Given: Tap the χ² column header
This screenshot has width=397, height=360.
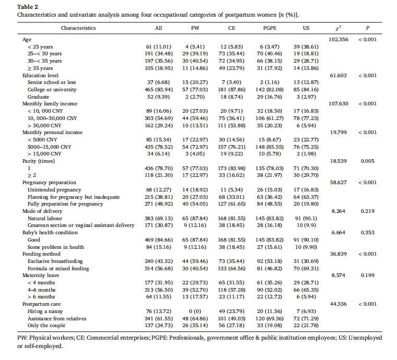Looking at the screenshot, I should tap(337, 28).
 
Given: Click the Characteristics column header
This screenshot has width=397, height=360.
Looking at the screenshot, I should tap(78, 28).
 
